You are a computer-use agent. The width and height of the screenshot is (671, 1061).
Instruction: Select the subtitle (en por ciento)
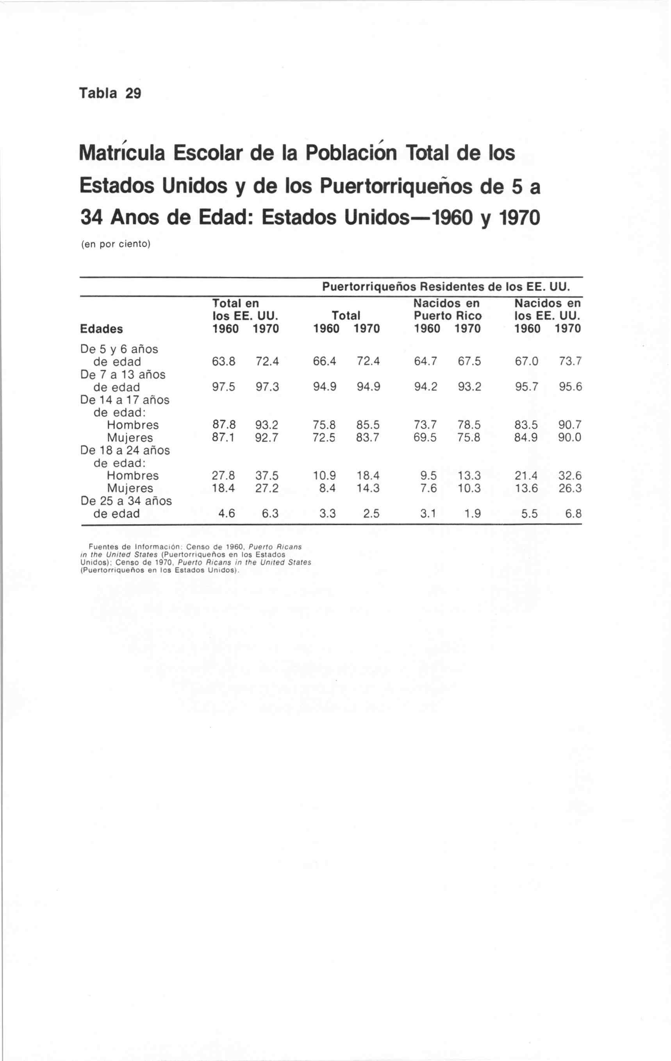tap(115, 244)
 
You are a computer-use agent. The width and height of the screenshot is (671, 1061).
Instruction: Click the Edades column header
tap(101, 329)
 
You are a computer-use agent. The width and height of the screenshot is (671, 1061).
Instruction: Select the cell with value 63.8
tap(224, 362)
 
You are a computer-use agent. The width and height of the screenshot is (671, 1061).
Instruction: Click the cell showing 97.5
tap(224, 387)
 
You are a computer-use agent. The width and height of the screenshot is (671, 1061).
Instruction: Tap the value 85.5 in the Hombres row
tap(368, 425)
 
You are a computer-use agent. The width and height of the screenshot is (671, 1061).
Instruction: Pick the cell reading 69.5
tap(425, 438)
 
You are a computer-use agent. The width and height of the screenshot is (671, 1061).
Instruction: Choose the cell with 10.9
tap(324, 476)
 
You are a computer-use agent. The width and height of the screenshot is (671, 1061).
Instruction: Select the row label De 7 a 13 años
tap(123, 374)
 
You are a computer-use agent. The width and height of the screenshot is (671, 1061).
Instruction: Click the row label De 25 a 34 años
tap(126, 501)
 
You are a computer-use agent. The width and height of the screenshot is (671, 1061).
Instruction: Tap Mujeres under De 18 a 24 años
tap(130, 488)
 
